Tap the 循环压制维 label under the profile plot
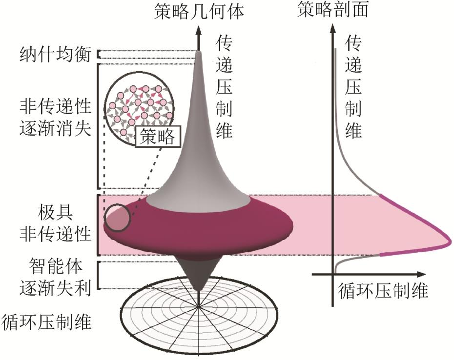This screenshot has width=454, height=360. [x=383, y=292]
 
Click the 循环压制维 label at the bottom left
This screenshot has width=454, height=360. [x=47, y=322]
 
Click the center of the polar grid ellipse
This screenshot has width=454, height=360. [x=198, y=307]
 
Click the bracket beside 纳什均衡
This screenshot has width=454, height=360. [x=99, y=55]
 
